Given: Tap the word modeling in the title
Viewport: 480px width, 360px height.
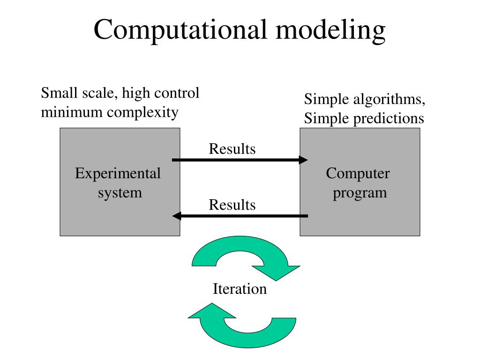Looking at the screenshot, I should click(x=331, y=30).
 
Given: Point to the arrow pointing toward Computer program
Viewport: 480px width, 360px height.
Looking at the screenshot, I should click(x=240, y=160).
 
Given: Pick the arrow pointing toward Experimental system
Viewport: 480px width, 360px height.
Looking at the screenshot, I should click(x=240, y=216).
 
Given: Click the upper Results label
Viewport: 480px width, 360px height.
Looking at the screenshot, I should click(x=232, y=149).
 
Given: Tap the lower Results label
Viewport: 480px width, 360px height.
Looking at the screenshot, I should click(x=232, y=205).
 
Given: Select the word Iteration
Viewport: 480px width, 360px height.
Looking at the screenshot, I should click(x=240, y=289).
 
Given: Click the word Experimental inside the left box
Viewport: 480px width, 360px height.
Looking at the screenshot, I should click(x=118, y=174).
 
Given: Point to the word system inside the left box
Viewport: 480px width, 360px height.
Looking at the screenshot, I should click(x=120, y=192).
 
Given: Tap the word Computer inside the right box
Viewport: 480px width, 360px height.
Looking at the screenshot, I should click(x=358, y=174).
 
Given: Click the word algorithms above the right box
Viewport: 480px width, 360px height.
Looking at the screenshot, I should click(x=385, y=100).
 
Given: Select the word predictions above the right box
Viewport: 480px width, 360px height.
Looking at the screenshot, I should click(x=389, y=119).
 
